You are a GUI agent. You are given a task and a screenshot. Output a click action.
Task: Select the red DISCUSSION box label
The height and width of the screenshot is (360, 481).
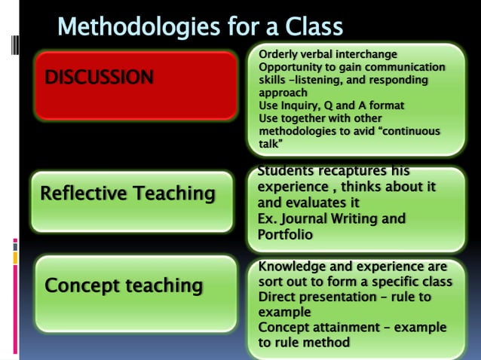(100, 77)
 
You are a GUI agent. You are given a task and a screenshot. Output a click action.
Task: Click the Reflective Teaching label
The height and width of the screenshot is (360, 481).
(127, 194)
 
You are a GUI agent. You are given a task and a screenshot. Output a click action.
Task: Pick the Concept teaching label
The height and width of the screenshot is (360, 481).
(124, 286)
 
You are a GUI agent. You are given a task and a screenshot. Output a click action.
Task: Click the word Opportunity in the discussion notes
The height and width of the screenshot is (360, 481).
(291, 67)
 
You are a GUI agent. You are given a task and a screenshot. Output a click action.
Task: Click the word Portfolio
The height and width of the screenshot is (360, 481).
(285, 235)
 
